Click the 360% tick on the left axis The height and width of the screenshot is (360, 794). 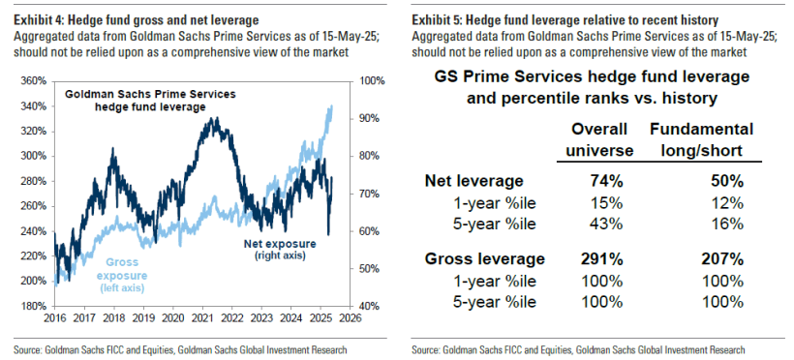click(30, 80)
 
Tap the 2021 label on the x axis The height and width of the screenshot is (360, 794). click(203, 317)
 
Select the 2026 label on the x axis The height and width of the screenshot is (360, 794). click(351, 317)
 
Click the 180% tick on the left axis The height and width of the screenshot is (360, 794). click(30, 306)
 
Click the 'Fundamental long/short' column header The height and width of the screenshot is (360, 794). click(701, 139)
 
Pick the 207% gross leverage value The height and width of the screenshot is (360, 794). click(723, 259)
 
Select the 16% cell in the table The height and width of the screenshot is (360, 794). click(725, 223)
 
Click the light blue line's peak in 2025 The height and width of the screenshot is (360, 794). click(332, 105)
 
